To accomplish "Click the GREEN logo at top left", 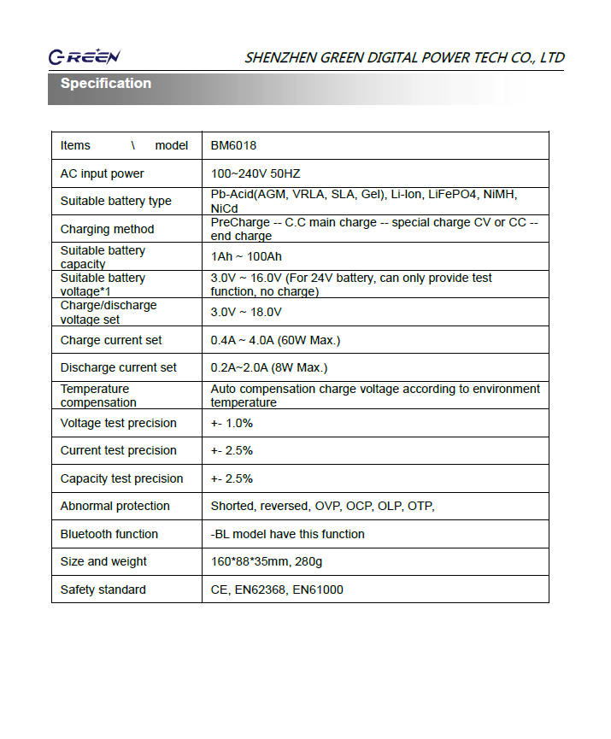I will [x=84, y=57].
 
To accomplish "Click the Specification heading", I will [x=106, y=84].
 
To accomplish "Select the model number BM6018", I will [x=233, y=146].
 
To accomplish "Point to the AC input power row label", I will [x=102, y=173].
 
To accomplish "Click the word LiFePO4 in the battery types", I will [x=452, y=195].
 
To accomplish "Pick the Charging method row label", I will [x=107, y=229].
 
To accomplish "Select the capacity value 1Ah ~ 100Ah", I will [x=246, y=257].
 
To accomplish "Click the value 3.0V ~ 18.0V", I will [x=247, y=313].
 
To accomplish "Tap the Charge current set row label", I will [x=110, y=340].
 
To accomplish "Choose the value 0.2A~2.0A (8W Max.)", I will [x=269, y=367].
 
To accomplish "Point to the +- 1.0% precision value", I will [x=232, y=423].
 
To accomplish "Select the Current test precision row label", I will [x=118, y=450].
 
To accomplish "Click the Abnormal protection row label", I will [x=115, y=506].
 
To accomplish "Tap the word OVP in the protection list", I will [x=327, y=506].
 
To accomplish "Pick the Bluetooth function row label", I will [x=109, y=534].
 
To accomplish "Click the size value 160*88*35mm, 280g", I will [x=266, y=561].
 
